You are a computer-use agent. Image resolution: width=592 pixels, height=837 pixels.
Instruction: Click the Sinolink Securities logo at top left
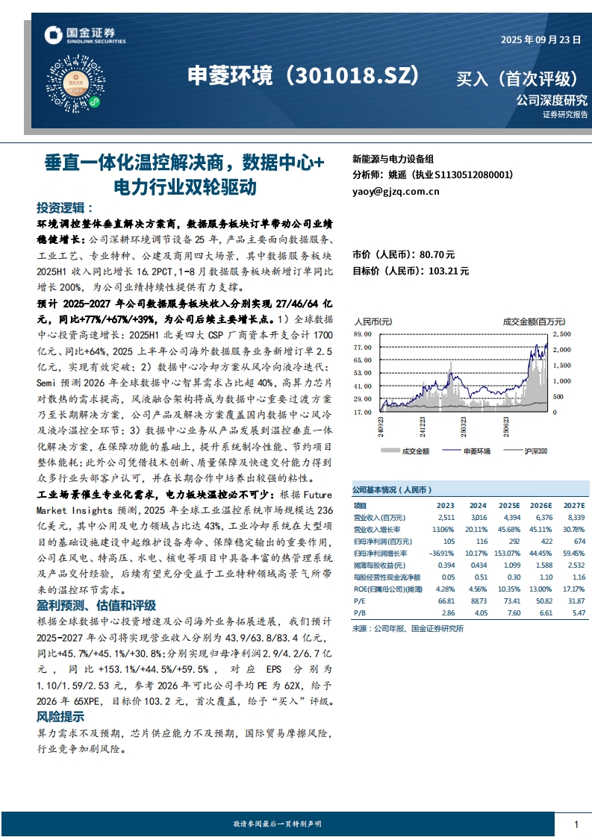(84, 35)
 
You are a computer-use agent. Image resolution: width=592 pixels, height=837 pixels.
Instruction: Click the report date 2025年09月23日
(540, 40)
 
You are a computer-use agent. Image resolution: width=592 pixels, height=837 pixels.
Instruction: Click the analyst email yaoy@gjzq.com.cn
(396, 192)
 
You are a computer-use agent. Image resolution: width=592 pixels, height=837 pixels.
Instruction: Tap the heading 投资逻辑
(65, 207)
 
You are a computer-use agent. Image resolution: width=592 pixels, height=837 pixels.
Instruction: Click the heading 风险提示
(60, 716)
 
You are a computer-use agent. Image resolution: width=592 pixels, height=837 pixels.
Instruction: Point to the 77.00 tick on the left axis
(362, 348)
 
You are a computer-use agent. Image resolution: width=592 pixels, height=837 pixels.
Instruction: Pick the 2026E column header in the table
(540, 506)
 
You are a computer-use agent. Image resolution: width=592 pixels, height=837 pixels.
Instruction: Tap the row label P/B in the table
(359, 612)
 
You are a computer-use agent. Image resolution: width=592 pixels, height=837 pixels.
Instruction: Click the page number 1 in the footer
(576, 824)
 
